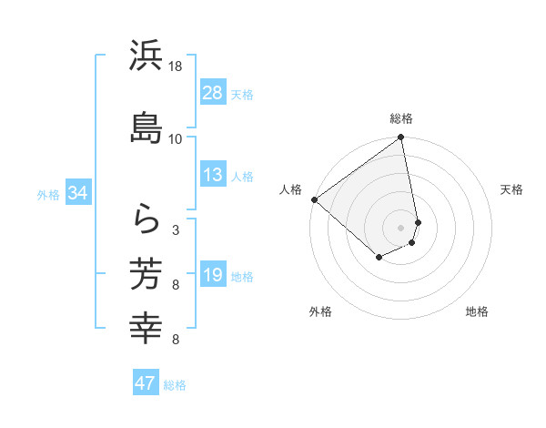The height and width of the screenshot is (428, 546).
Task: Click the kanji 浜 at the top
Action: (146, 56)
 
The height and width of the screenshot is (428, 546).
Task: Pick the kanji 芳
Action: (146, 272)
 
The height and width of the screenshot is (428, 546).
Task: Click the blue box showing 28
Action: (213, 92)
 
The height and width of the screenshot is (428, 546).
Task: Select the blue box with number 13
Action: (213, 175)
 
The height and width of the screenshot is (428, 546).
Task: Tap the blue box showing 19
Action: (213, 275)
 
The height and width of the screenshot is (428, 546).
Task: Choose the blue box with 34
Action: (77, 193)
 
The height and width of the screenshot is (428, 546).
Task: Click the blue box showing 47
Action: (145, 383)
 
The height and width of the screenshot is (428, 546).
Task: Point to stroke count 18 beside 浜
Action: (176, 66)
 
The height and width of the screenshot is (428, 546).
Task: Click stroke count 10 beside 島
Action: (176, 138)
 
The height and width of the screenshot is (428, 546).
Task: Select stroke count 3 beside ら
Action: (176, 230)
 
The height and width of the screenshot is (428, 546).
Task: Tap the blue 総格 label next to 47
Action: (175, 385)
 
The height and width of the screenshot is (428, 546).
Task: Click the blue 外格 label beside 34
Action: (48, 195)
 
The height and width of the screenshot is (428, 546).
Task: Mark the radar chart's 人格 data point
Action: (314, 199)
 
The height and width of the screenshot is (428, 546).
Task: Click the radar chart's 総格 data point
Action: (401, 138)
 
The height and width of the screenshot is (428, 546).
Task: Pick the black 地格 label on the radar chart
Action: (477, 311)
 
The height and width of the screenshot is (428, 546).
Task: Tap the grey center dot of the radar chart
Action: (401, 227)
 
